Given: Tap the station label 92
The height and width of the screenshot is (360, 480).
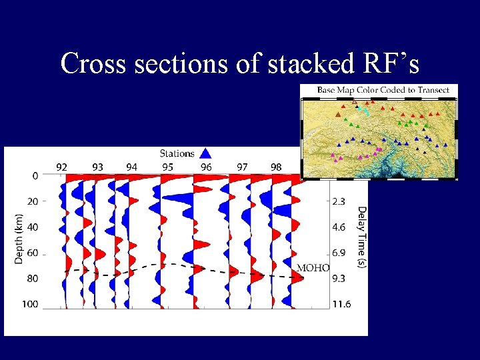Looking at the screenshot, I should tap(61, 167).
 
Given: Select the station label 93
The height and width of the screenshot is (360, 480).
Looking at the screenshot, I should tap(97, 167).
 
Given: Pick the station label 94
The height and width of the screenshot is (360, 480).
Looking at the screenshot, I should tap(132, 167).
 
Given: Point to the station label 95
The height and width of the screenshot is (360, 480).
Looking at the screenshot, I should tap(168, 167).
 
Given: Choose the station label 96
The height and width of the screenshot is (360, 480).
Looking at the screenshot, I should tap(205, 167).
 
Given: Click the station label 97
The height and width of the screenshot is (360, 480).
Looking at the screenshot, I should tap(241, 167).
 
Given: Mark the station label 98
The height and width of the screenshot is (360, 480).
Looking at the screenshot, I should tap(276, 167).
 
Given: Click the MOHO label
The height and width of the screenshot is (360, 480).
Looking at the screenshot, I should tap(313, 267).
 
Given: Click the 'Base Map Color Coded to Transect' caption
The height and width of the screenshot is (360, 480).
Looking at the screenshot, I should tap(383, 90).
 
